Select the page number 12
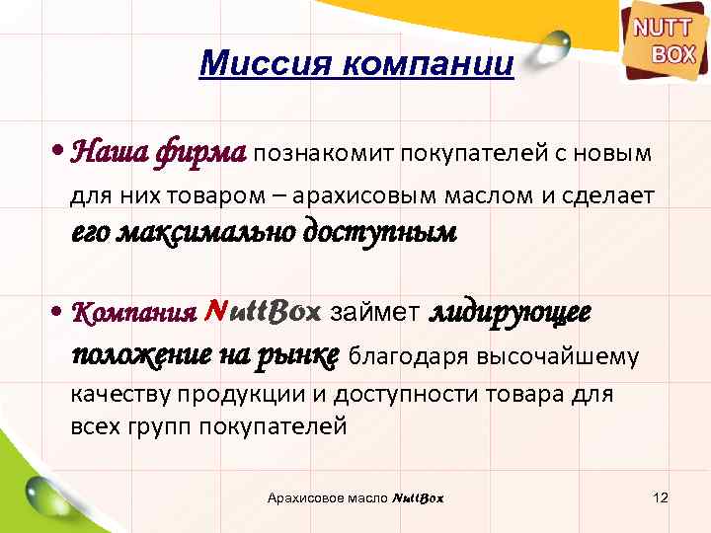662,497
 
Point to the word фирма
201,153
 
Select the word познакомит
325,153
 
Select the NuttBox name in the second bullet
262,313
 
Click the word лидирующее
510,312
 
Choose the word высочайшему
557,354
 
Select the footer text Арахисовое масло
328,497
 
